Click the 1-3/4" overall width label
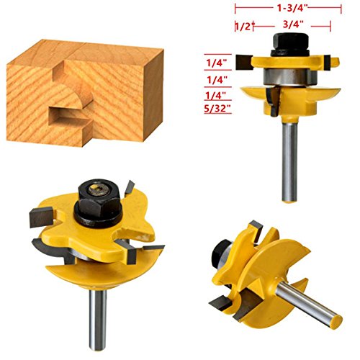click(x=292, y=9)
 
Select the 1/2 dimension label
click(x=243, y=27)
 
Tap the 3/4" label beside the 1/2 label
click(x=293, y=24)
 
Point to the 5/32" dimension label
click(x=217, y=109)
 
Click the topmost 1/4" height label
click(x=217, y=63)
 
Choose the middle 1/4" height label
click(x=217, y=80)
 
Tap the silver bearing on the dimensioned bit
click(x=290, y=76)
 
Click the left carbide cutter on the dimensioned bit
click(x=244, y=63)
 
